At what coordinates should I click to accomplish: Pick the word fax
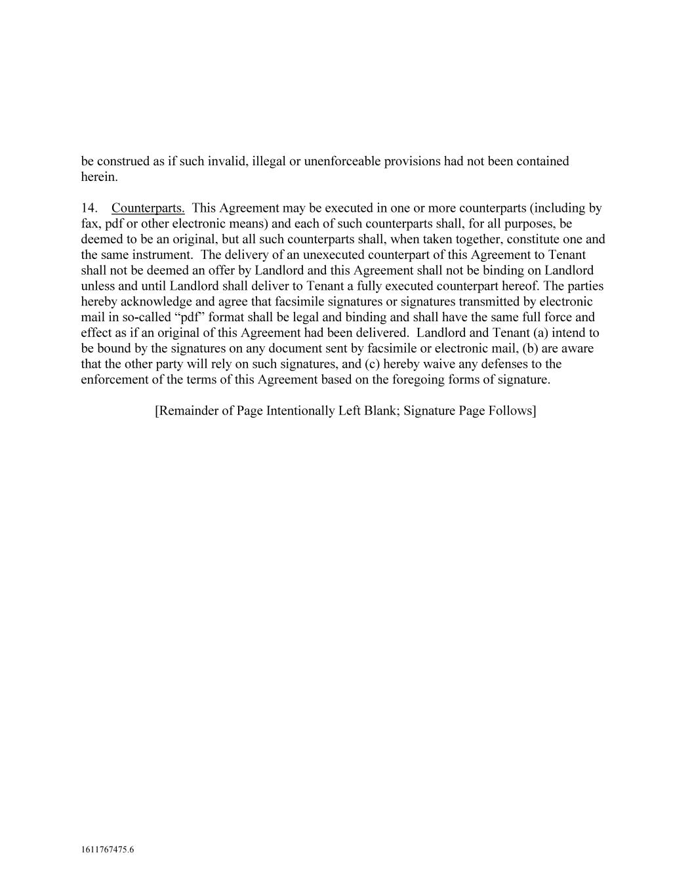point(90,224)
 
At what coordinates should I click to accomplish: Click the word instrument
point(164,255)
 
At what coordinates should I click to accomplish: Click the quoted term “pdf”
point(195,317)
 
